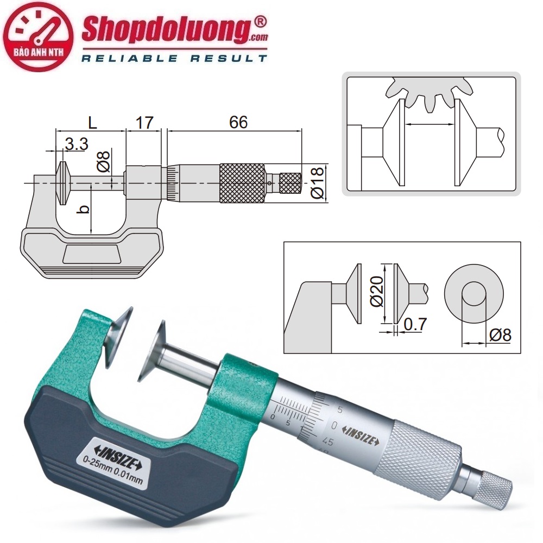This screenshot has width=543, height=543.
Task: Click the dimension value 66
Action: (238, 122)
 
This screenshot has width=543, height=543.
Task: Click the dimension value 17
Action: (144, 123)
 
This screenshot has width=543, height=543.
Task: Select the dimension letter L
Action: (92, 123)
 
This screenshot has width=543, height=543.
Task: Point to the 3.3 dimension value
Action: (77, 144)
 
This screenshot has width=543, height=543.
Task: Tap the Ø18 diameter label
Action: (318, 182)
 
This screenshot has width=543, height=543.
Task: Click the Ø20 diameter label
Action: (377, 292)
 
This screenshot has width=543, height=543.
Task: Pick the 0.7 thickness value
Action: (415, 324)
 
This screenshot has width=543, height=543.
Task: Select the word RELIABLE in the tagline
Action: (130, 59)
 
